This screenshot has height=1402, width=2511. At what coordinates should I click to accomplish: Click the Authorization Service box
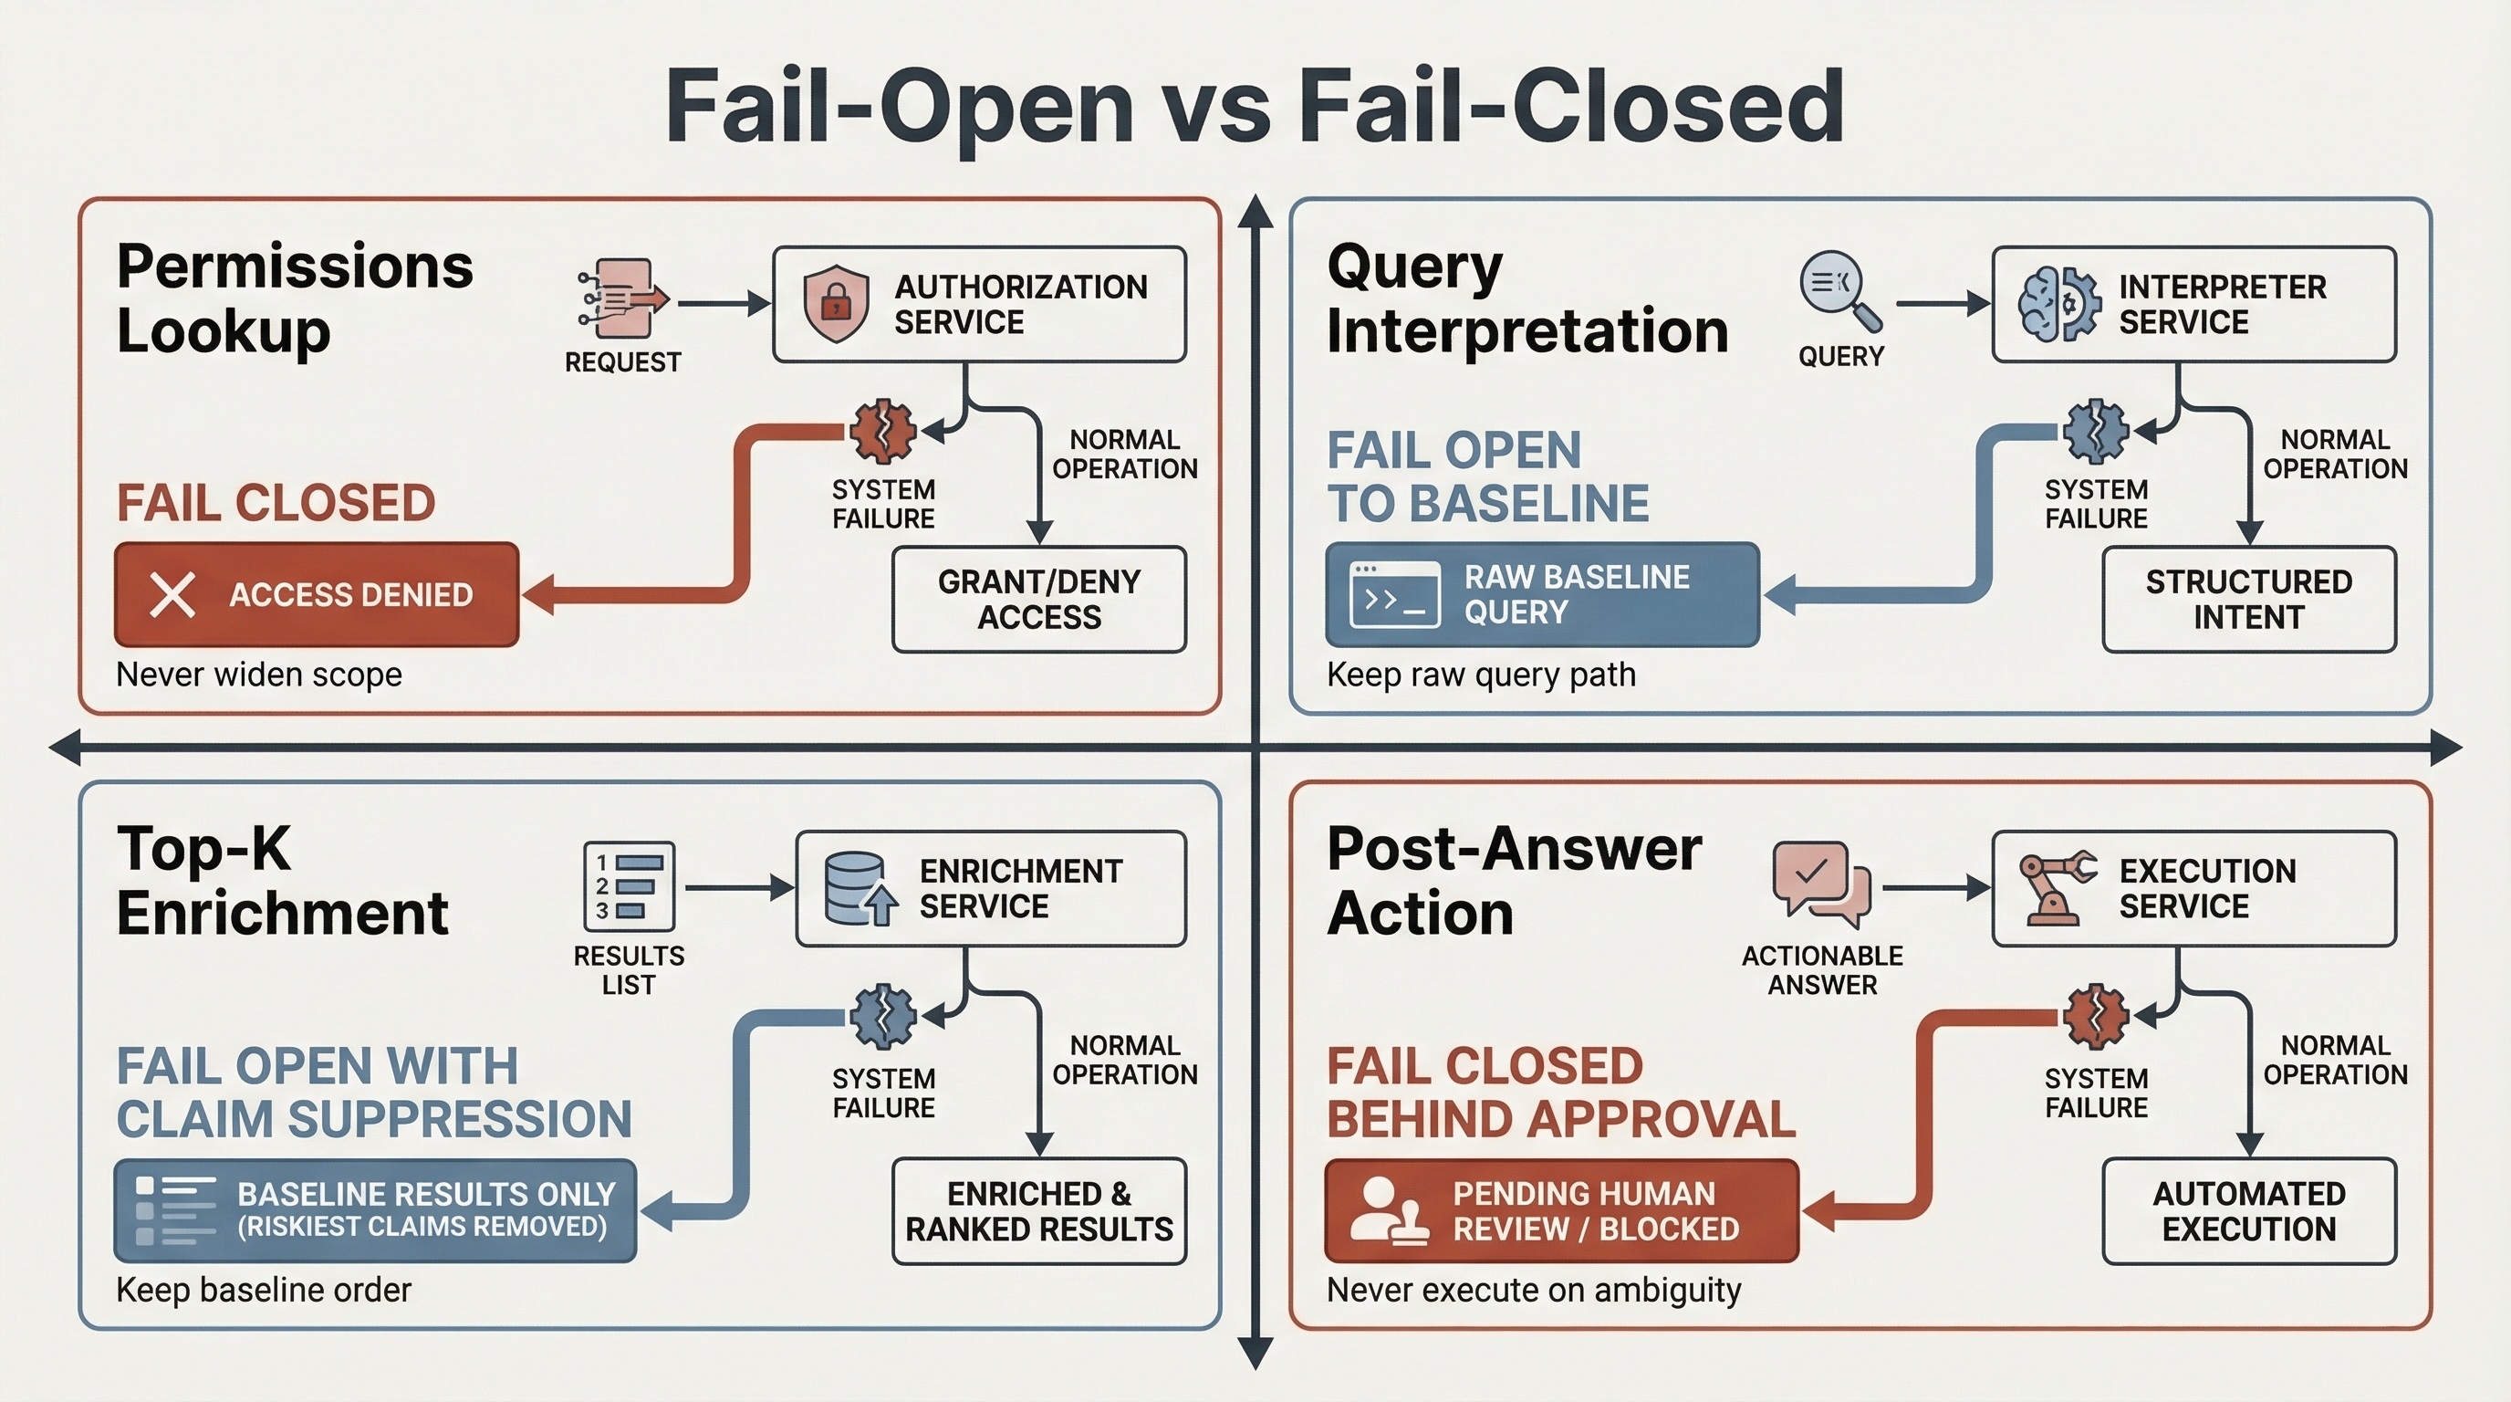pyautogui.click(x=979, y=304)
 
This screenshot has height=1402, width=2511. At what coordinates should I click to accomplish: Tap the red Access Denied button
pyautogui.click(x=317, y=595)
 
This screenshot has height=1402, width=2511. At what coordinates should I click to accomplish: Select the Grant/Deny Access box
pyautogui.click(x=1039, y=599)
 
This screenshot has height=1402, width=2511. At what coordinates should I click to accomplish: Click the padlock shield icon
pyautogui.click(x=836, y=303)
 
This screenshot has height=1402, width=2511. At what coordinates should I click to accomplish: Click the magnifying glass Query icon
pyautogui.click(x=1838, y=290)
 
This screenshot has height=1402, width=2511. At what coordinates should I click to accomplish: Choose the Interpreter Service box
pyautogui.click(x=2193, y=304)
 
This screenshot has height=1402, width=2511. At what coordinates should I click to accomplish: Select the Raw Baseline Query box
pyautogui.click(x=1542, y=595)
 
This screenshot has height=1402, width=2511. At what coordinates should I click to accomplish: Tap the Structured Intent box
pyautogui.click(x=2249, y=599)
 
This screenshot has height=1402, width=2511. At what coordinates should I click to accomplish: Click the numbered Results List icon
pyautogui.click(x=629, y=886)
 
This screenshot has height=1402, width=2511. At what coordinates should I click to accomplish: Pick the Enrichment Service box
pyautogui.click(x=990, y=888)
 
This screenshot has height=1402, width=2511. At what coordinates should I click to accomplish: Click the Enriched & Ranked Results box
pyautogui.click(x=1039, y=1211)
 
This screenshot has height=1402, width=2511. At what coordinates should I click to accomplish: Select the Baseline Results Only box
pyautogui.click(x=375, y=1210)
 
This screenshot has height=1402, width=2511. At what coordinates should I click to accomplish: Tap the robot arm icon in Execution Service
pyautogui.click(x=2054, y=887)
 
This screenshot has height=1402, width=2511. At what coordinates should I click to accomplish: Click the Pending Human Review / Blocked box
pyautogui.click(x=1561, y=1211)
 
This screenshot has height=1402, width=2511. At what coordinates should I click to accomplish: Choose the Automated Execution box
pyautogui.click(x=2249, y=1211)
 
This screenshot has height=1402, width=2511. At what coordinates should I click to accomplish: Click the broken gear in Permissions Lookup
pyautogui.click(x=882, y=430)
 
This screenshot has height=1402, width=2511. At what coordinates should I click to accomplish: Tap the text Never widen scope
pyautogui.click(x=259, y=675)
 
